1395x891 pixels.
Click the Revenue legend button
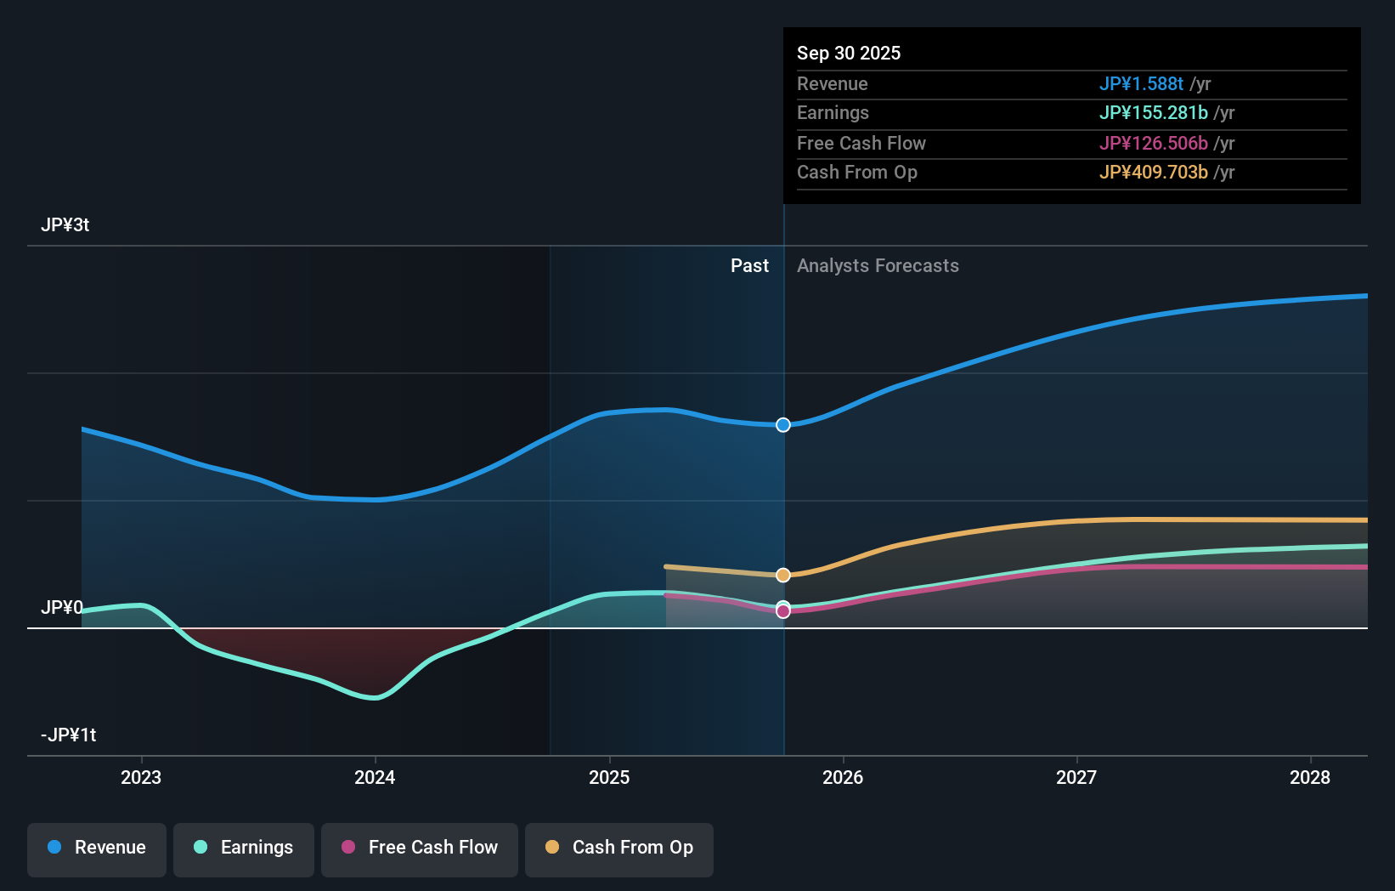tap(97, 848)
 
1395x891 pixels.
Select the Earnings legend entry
tap(244, 848)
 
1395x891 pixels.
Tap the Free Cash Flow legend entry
tap(420, 848)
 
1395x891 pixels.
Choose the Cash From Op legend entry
tap(619, 848)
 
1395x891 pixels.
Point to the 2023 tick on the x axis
tap(141, 777)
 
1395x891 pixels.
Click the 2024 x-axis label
tap(375, 777)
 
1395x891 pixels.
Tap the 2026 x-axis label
tap(843, 777)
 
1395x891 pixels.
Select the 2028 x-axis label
tap(1310, 777)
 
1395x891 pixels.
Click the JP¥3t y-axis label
tap(65, 225)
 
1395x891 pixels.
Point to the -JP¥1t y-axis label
tap(69, 735)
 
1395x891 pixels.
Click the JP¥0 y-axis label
tap(62, 608)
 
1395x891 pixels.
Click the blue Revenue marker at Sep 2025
tap(783, 425)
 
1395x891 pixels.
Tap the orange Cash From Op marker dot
tap(783, 576)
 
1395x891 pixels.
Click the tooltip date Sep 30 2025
tap(849, 53)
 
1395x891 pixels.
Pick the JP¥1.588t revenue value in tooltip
tap(1141, 83)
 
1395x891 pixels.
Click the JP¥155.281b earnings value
tap(1153, 113)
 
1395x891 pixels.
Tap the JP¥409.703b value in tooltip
tap(1153, 173)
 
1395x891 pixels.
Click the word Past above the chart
tap(749, 266)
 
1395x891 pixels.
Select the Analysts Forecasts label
tap(878, 266)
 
